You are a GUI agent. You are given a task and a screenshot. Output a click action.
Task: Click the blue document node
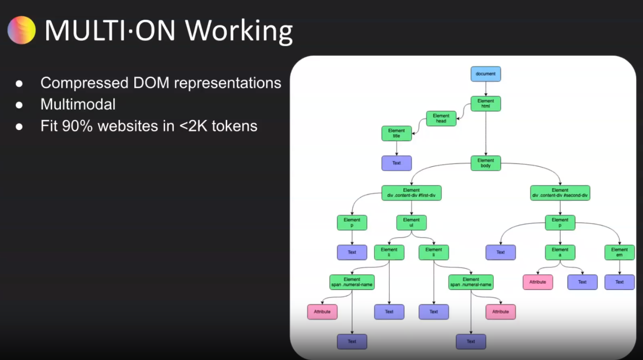click(486, 74)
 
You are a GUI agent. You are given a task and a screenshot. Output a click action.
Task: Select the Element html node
click(486, 104)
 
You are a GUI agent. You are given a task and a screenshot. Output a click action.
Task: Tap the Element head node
click(441, 118)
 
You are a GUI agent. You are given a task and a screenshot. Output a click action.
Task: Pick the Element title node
click(396, 133)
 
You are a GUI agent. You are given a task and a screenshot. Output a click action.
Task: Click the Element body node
click(486, 163)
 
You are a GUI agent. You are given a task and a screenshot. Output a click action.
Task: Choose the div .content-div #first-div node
click(411, 193)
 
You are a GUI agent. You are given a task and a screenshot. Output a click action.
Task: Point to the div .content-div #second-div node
click(560, 193)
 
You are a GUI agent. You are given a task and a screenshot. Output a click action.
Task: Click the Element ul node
click(411, 223)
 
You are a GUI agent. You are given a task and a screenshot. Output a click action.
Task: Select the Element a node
click(560, 252)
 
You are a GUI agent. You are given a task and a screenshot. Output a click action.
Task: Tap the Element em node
click(619, 252)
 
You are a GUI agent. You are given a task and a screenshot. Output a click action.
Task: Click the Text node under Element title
click(396, 163)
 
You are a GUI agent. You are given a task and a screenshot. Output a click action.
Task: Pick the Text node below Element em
click(619, 282)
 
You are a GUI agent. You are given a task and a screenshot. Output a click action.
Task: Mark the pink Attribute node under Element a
click(538, 282)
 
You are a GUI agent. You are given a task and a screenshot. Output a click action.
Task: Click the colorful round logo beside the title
click(21, 30)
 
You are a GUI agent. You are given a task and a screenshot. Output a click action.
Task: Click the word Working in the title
click(239, 31)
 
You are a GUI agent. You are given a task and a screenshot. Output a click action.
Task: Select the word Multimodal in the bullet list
click(78, 104)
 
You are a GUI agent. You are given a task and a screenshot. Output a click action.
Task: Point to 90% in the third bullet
click(78, 126)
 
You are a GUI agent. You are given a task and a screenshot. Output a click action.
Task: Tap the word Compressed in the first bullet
click(85, 83)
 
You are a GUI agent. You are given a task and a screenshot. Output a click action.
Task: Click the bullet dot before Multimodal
click(19, 105)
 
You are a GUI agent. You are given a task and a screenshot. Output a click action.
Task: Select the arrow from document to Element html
click(486, 89)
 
